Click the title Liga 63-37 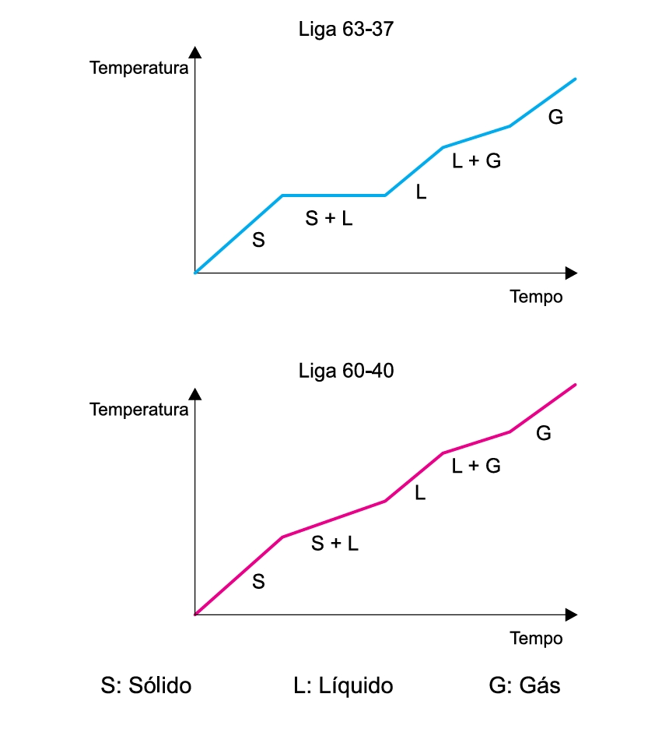(347, 30)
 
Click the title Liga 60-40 (347, 371)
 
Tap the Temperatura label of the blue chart (139, 68)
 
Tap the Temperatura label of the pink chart (139, 410)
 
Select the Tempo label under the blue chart (536, 298)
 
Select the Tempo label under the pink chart (536, 639)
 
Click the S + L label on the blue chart (329, 220)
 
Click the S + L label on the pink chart (335, 544)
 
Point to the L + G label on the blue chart (476, 161)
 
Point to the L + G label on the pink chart (476, 467)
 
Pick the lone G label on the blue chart (555, 118)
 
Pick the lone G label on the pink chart (544, 433)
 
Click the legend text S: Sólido (146, 686)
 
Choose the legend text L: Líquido (343, 686)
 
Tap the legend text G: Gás (524, 686)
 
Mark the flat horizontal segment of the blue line (333, 195)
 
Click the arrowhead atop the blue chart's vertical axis (195, 53)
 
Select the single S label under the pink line (258, 582)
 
